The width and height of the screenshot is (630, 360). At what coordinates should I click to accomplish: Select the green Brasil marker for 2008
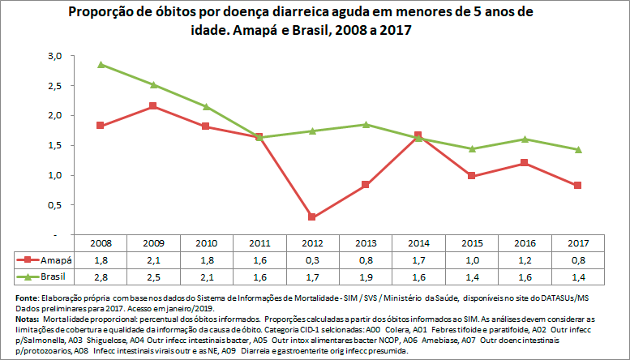click(x=101, y=64)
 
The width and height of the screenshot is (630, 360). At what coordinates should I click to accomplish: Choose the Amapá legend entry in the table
click(x=46, y=260)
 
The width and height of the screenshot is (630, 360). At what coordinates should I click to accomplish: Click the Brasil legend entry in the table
click(x=46, y=277)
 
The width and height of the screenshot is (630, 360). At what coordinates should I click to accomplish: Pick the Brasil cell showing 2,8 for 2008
click(x=101, y=277)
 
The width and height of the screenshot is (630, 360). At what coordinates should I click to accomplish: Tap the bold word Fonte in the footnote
click(x=18, y=299)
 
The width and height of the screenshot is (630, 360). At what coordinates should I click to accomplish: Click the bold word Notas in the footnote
click(x=19, y=320)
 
